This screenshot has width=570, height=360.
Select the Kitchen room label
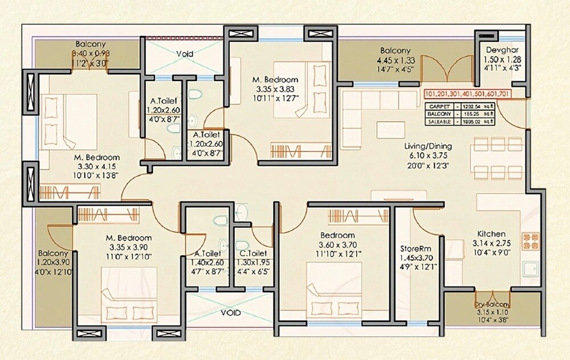[491, 234]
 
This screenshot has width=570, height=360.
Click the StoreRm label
[418, 248]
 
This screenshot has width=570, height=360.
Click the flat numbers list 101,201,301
[467, 93]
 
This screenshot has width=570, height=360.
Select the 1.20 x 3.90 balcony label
[54, 263]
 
